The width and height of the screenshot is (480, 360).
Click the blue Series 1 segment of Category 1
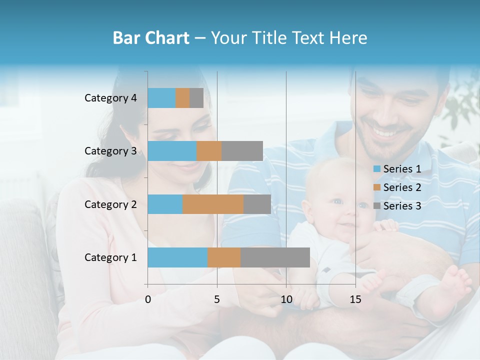177,257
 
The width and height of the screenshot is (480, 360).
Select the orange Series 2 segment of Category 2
213,204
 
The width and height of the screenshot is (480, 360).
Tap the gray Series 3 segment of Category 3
242,151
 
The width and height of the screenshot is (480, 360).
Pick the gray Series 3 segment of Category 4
196,98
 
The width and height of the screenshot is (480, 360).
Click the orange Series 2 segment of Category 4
182,98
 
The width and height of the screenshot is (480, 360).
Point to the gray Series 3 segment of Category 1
275,257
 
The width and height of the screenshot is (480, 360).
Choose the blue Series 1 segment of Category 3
172,151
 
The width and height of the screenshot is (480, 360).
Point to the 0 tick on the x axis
148,299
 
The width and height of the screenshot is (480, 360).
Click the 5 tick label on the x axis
217,299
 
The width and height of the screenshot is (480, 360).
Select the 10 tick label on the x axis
286,299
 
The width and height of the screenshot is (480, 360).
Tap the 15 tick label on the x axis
355,299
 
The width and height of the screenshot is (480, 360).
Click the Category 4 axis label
110,98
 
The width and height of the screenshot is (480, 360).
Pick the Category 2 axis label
110,204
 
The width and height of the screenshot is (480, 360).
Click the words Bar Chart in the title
151,38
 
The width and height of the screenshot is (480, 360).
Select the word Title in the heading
272,38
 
